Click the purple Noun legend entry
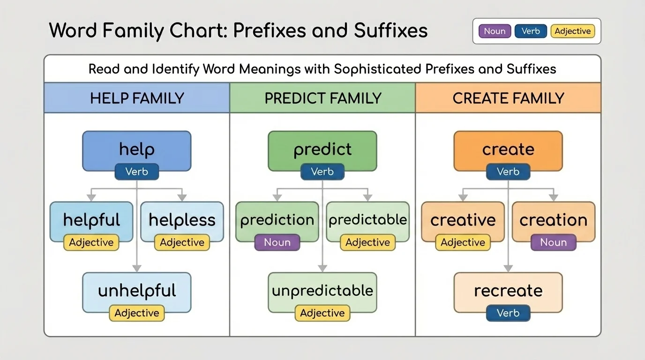pyautogui.click(x=495, y=31)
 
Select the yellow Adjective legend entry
pyautogui.click(x=572, y=31)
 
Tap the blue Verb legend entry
pyautogui.click(x=531, y=31)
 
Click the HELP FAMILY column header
pyautogui.click(x=137, y=98)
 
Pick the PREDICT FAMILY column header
pyautogui.click(x=322, y=98)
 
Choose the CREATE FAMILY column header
pyautogui.click(x=508, y=98)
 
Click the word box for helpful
pyautogui.click(x=91, y=220)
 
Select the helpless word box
pyautogui.click(x=182, y=220)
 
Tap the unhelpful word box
pyautogui.click(x=137, y=291)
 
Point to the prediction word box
pyautogui.click(x=277, y=220)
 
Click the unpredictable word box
pyautogui.click(x=322, y=291)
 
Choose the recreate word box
pyautogui.click(x=508, y=291)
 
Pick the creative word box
pyautogui.click(x=463, y=220)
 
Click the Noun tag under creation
pyautogui.click(x=553, y=242)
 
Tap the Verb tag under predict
pyautogui.click(x=322, y=172)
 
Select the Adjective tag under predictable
pyautogui.click(x=367, y=242)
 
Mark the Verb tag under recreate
pyautogui.click(x=508, y=313)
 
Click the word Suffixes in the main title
pyautogui.click(x=390, y=31)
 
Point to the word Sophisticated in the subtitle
pyautogui.click(x=377, y=69)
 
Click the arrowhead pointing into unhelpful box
pyautogui.click(x=137, y=269)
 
